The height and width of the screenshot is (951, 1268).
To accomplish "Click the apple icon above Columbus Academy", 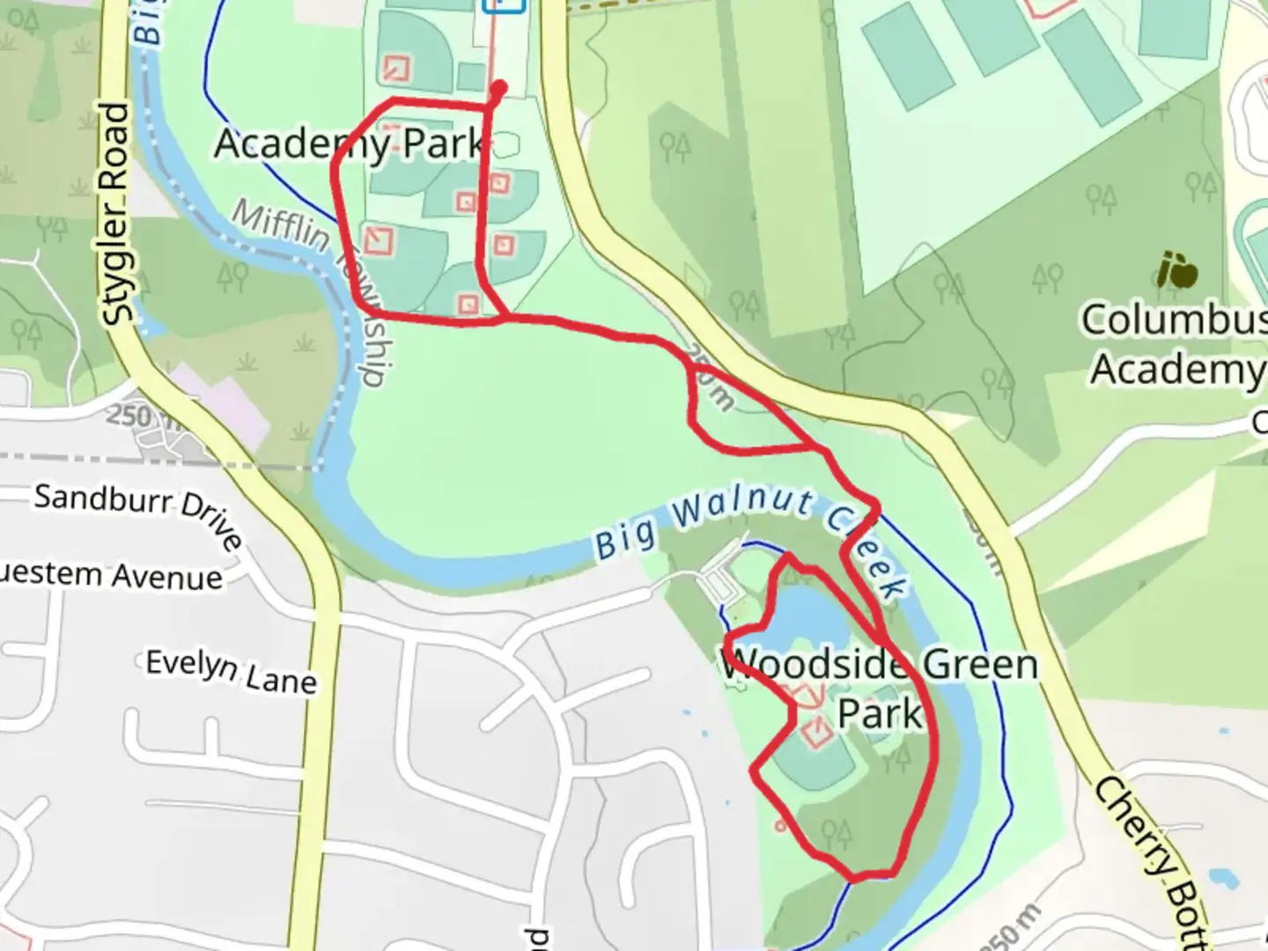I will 1177,270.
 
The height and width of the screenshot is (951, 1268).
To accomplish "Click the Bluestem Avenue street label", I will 111,576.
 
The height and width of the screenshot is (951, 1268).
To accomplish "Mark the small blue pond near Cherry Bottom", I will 1223,877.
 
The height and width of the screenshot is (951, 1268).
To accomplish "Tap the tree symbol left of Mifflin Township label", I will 233,276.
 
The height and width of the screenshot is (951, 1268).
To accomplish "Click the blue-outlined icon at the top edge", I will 505,5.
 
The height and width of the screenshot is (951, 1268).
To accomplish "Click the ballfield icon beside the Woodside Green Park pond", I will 816,731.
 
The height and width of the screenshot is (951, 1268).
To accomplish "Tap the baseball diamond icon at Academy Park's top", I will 396,68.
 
